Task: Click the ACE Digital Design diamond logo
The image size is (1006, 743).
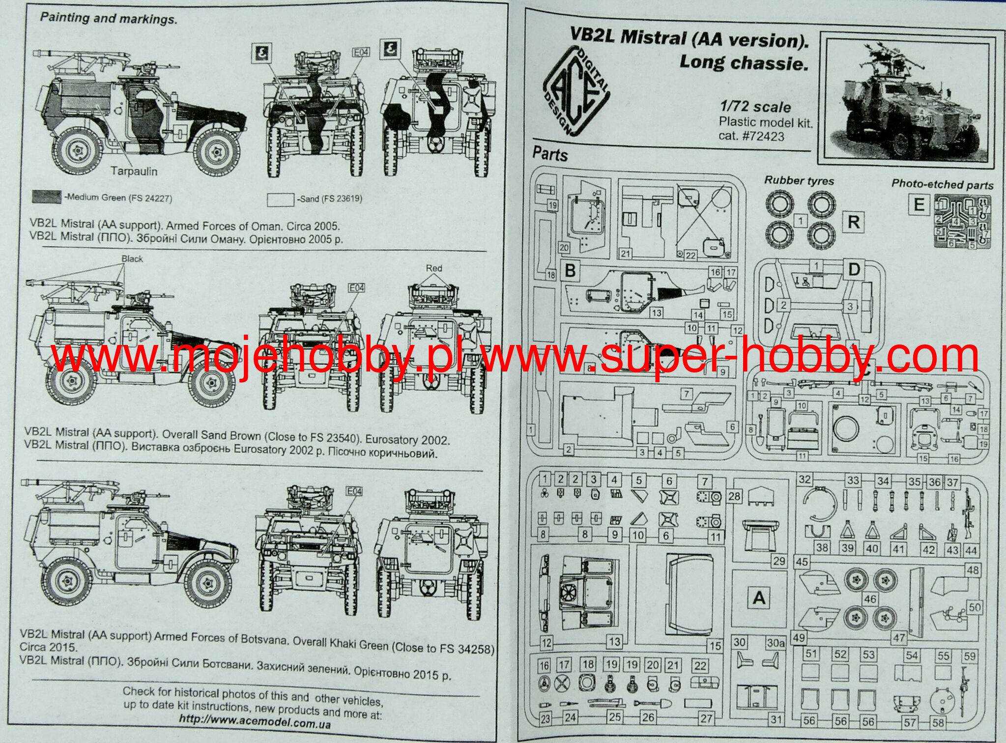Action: point(576,91)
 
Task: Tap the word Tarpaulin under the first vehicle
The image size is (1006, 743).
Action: point(134,171)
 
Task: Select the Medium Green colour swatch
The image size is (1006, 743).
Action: point(47,197)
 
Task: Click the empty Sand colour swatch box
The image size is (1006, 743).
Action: point(281,200)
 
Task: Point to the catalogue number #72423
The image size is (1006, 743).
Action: point(751,136)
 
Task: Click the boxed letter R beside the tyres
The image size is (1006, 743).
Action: point(853,222)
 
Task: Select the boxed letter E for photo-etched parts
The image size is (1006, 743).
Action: point(919,204)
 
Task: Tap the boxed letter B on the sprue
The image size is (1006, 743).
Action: point(571,270)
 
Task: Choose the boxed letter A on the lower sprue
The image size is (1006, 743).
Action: point(759,598)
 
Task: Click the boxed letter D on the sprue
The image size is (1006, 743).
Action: point(854,269)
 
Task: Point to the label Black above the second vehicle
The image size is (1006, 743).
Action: point(132,259)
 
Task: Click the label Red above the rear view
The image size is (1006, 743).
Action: point(433,268)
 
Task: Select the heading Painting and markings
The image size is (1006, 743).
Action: point(108,19)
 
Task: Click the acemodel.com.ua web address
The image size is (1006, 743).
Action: point(255,721)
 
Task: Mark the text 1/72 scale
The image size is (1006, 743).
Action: point(755,107)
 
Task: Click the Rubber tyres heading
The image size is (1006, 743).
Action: point(799,181)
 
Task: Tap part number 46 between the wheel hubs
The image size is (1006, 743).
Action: point(870,599)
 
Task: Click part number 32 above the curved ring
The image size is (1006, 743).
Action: point(805,479)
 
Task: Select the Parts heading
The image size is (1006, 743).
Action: point(550,154)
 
